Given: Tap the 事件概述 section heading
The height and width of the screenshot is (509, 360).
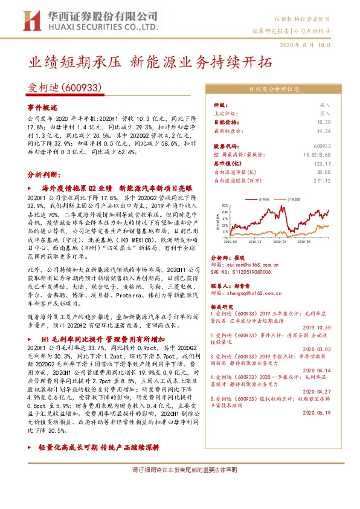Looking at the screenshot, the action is tap(41, 106).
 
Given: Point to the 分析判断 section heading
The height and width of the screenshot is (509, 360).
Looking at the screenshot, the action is tap(42, 173).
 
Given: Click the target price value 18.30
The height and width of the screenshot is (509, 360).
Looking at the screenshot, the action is tap(324, 122).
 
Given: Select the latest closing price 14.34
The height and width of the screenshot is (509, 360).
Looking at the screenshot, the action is tap(324, 130).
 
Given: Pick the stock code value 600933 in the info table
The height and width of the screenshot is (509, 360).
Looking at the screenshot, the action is tap(322, 146).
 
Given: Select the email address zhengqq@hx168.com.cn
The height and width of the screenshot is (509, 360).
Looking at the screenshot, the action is tap(254, 293).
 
